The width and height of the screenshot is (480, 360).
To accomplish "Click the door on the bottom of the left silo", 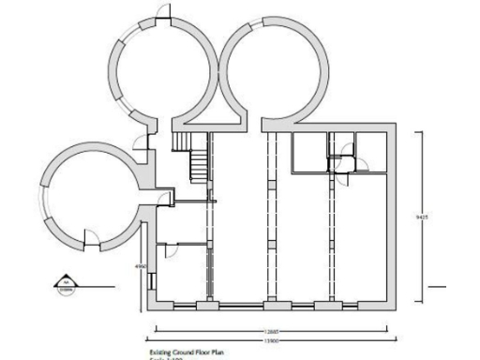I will tap(91, 239).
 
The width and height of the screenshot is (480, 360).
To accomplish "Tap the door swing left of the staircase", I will tap(142, 142).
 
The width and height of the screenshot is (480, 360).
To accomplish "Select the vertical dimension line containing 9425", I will tap(427, 187).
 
